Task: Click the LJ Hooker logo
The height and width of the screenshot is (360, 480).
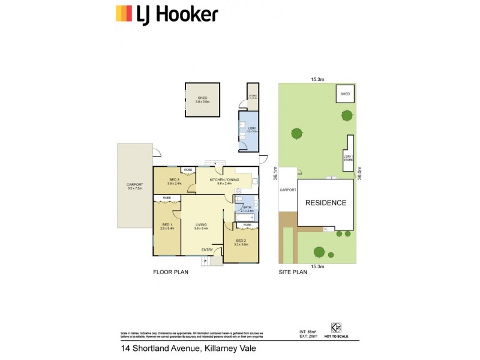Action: pyautogui.click(x=166, y=14)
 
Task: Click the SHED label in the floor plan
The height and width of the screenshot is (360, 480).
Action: pyautogui.click(x=202, y=99)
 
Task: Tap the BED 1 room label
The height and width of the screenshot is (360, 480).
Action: pyautogui.click(x=167, y=226)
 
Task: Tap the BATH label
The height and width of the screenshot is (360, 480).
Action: pyautogui.click(x=247, y=208)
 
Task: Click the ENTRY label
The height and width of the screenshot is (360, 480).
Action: pyautogui.click(x=207, y=250)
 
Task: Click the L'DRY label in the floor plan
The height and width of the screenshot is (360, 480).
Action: pyautogui.click(x=248, y=128)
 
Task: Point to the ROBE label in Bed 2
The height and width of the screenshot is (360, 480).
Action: pyautogui.click(x=247, y=225)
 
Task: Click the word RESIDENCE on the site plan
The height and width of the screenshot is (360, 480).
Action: pyautogui.click(x=326, y=203)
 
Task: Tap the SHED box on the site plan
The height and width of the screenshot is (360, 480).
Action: pyautogui.click(x=345, y=94)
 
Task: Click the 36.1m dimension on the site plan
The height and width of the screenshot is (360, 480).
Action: pyautogui.click(x=275, y=173)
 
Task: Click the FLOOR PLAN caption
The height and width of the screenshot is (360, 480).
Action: pyautogui.click(x=171, y=272)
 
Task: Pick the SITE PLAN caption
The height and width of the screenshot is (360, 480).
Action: pyautogui.click(x=293, y=272)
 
